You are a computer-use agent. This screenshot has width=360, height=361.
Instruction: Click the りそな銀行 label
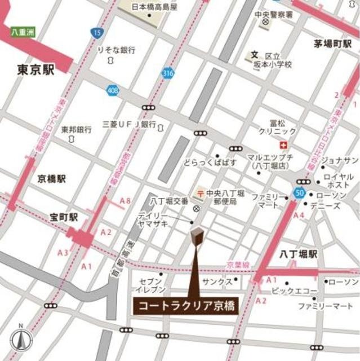116,50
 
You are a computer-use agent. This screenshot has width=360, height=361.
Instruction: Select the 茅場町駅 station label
336,43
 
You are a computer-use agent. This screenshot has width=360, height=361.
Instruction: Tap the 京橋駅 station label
52,179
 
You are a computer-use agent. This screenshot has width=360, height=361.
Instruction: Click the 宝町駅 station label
64,217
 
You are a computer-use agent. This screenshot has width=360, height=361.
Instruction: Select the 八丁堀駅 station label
299,255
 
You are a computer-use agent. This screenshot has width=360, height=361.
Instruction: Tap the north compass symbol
21,340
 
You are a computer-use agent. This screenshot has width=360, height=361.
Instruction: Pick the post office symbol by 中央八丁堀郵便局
201,193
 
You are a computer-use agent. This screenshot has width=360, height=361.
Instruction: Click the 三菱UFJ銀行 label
129,124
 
